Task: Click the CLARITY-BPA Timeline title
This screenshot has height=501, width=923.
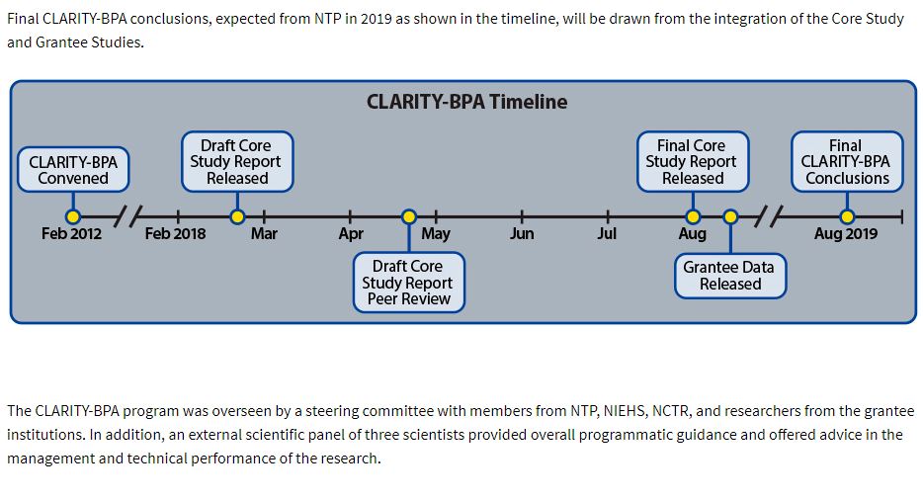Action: tap(466, 102)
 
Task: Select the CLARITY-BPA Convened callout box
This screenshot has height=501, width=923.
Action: tap(73, 170)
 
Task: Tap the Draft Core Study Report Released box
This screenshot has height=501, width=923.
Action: tap(237, 161)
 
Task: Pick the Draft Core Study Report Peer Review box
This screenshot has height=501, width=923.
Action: tap(408, 283)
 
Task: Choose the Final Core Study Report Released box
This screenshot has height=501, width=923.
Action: tap(692, 161)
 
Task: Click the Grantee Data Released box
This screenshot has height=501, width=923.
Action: tap(730, 275)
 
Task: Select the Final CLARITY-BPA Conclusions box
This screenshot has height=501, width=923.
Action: tap(846, 161)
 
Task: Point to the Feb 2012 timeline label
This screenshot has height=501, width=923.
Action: tap(71, 234)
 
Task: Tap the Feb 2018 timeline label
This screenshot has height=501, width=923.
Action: tap(175, 234)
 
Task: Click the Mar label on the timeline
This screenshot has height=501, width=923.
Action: tap(264, 234)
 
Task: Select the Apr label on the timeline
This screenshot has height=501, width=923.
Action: tap(351, 234)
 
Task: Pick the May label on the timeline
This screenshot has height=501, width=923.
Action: tap(436, 234)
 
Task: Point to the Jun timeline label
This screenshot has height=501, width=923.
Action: tap(522, 234)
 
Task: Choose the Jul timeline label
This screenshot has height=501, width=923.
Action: tap(607, 234)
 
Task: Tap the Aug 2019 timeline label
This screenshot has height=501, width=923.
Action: tap(846, 234)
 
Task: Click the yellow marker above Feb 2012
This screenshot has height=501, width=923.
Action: tap(72, 216)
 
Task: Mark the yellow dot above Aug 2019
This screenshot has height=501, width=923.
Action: tap(847, 216)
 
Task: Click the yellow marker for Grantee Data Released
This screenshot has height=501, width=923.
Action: tap(730, 216)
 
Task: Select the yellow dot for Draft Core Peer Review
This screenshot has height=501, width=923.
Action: tap(409, 216)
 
